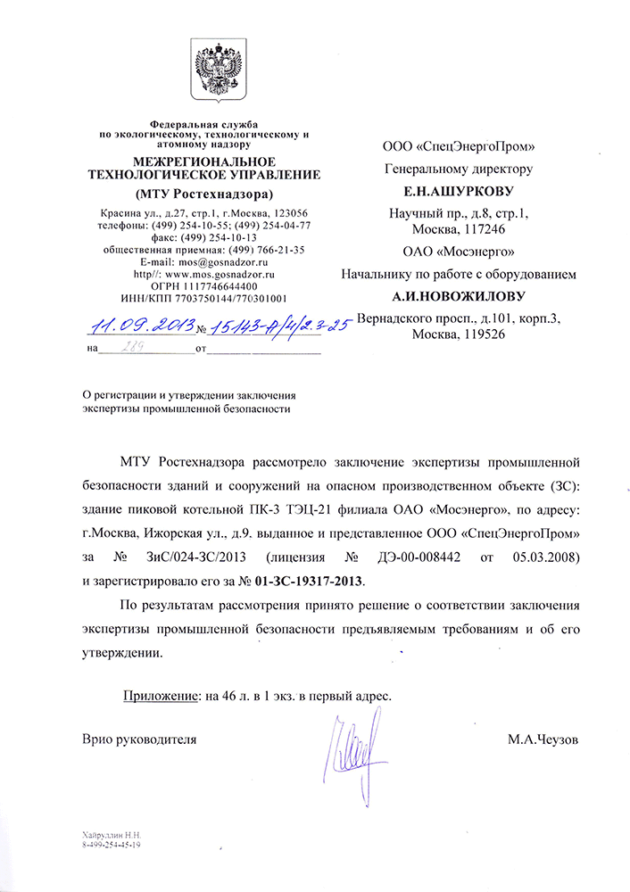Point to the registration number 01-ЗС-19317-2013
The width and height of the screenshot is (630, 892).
(305, 582)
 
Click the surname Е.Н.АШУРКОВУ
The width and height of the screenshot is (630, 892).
(459, 191)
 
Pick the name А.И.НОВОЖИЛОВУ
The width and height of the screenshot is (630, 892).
(458, 295)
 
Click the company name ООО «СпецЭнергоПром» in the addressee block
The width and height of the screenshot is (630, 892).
(459, 145)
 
